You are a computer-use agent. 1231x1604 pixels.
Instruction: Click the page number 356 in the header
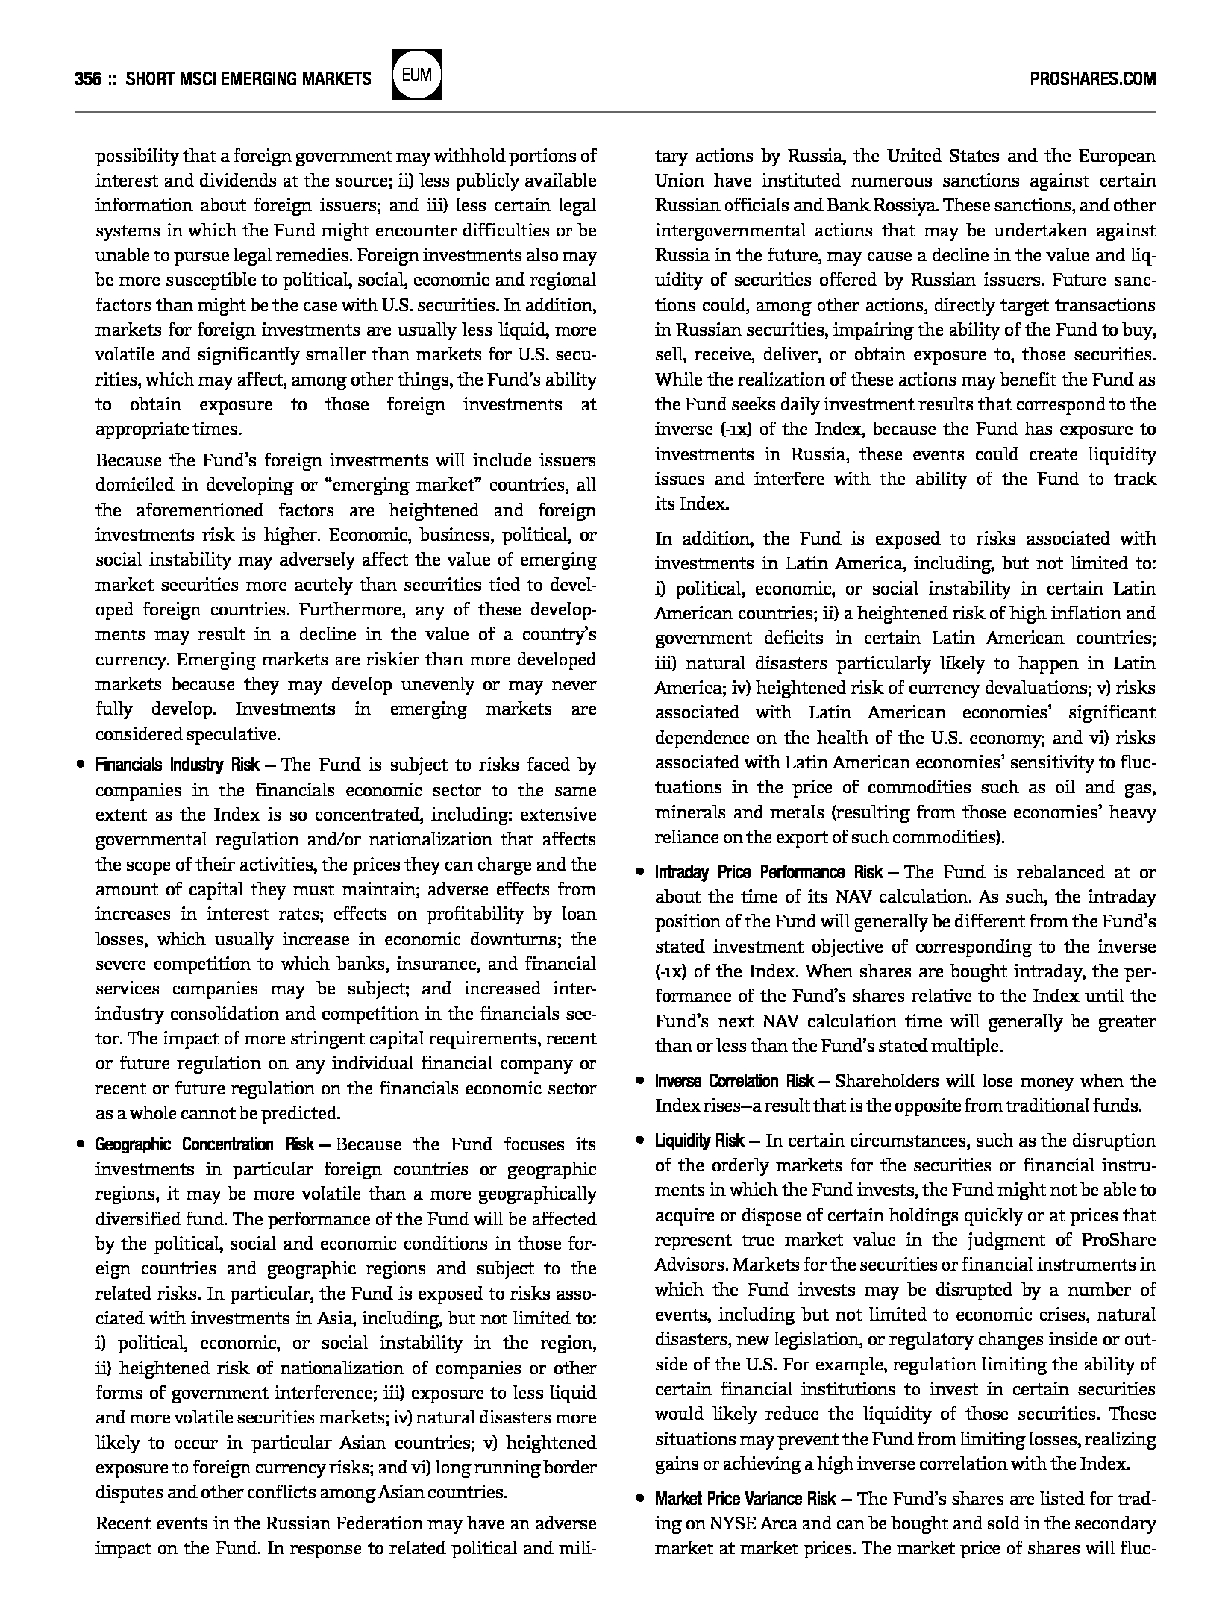point(88,78)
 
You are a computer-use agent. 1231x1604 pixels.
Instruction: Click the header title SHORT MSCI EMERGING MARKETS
point(248,78)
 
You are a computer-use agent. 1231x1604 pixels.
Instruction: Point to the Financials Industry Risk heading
point(178,765)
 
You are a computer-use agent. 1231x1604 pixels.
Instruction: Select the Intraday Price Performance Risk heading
point(768,872)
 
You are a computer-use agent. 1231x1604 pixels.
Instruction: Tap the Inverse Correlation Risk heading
point(735,1081)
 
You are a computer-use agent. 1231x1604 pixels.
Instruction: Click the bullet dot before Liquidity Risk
point(640,1141)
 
